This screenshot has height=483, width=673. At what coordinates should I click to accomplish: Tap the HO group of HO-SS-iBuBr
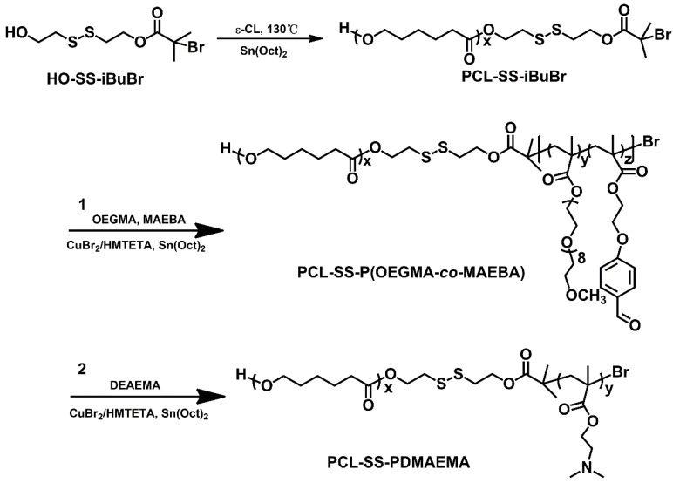point(16,34)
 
